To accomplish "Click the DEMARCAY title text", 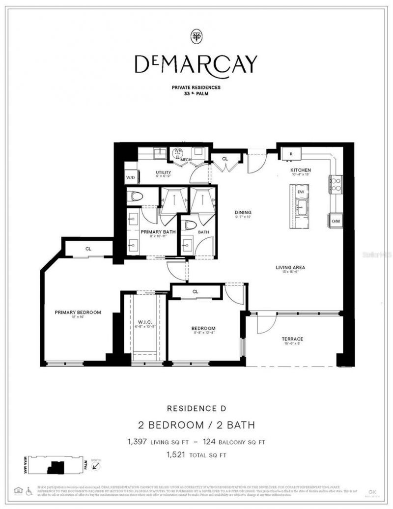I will click(x=196, y=64).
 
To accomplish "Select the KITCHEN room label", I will click(x=301, y=170).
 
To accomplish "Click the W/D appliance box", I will click(x=131, y=177).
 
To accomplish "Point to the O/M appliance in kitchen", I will click(x=336, y=221).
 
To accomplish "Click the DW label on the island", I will click(x=301, y=192).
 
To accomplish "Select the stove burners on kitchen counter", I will click(x=336, y=183).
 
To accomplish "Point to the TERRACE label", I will click(x=292, y=339).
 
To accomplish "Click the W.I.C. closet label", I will click(x=144, y=323).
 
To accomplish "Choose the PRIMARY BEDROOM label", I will click(x=78, y=312).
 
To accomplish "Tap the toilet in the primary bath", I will click(x=135, y=197).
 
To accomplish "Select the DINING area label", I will click(x=243, y=213).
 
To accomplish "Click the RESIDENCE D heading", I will click(x=196, y=408).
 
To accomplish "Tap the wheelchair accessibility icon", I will click(x=29, y=490).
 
